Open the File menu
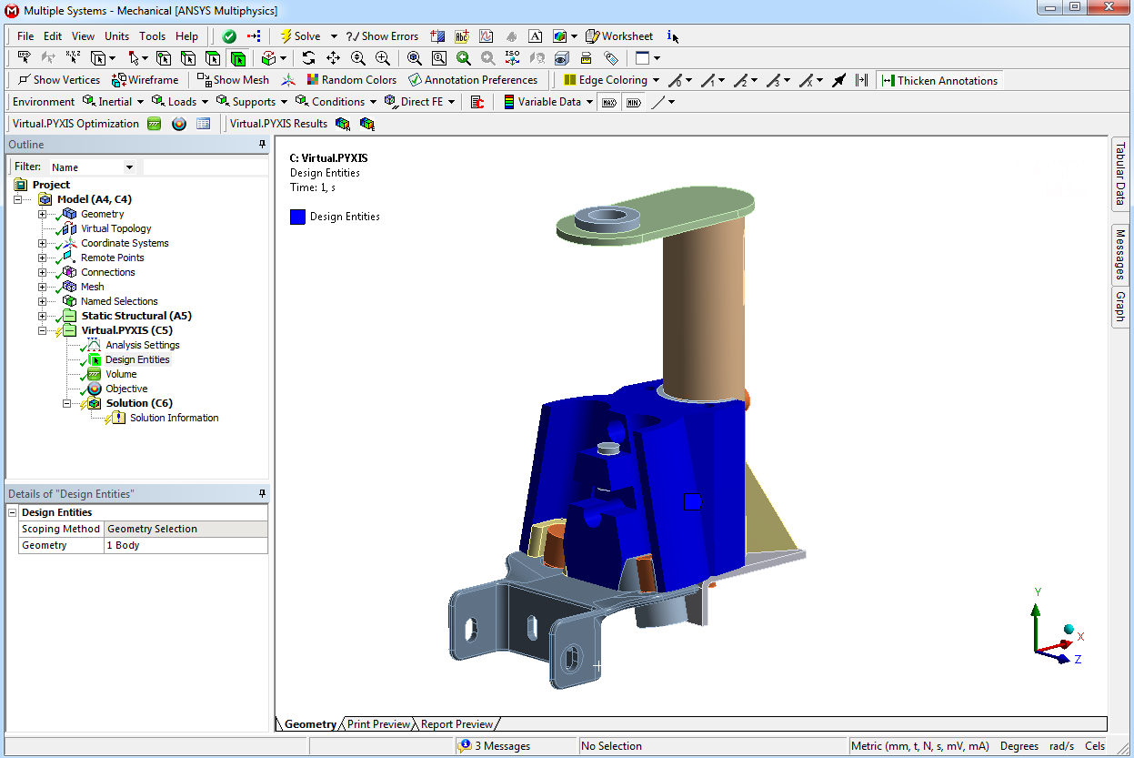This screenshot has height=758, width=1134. pos(25,36)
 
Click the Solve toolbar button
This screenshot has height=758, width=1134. pos(300,36)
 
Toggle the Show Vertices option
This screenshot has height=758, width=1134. pos(59,80)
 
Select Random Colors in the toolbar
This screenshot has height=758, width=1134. pos(352,80)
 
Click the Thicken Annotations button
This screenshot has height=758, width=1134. pos(940,80)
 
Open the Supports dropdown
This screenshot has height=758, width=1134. pos(252,102)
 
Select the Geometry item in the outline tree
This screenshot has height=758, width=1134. pos(102,214)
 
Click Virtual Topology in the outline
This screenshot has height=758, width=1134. pos(115,228)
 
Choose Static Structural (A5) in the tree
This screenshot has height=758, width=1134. pos(136,316)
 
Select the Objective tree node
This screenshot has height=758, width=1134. pos(126,389)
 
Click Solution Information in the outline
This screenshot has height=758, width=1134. pos(174,418)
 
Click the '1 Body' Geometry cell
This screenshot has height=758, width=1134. pos(186,545)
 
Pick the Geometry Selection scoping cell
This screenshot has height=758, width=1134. pos(186,529)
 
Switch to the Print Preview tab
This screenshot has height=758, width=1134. pos(378,724)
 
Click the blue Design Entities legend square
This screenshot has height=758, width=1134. pos(297,217)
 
